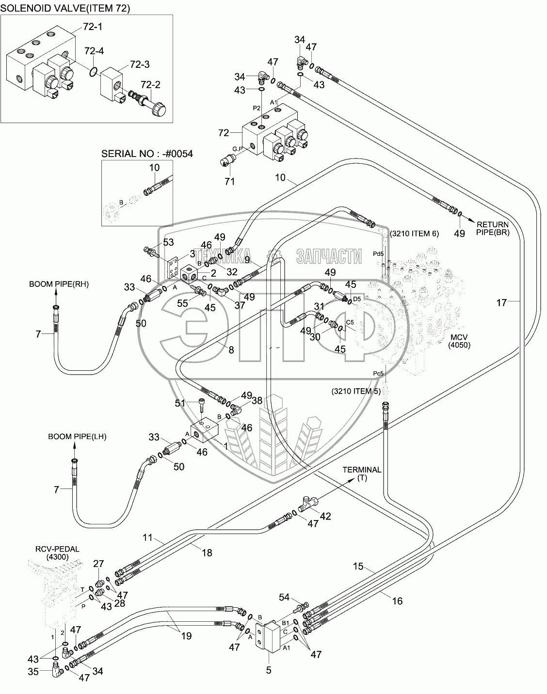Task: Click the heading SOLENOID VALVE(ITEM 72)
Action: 66,8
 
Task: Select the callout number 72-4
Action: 94,51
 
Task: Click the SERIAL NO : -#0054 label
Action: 147,154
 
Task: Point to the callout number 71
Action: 229,181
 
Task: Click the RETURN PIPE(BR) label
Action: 492,228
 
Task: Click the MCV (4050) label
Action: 460,341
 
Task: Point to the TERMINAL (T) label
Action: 362,473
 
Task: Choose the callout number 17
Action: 501,303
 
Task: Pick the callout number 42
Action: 325,517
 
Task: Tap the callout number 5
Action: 269,671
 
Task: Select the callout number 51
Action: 180,403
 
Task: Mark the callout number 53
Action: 168,242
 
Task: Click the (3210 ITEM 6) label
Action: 414,234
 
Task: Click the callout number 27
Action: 98,564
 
